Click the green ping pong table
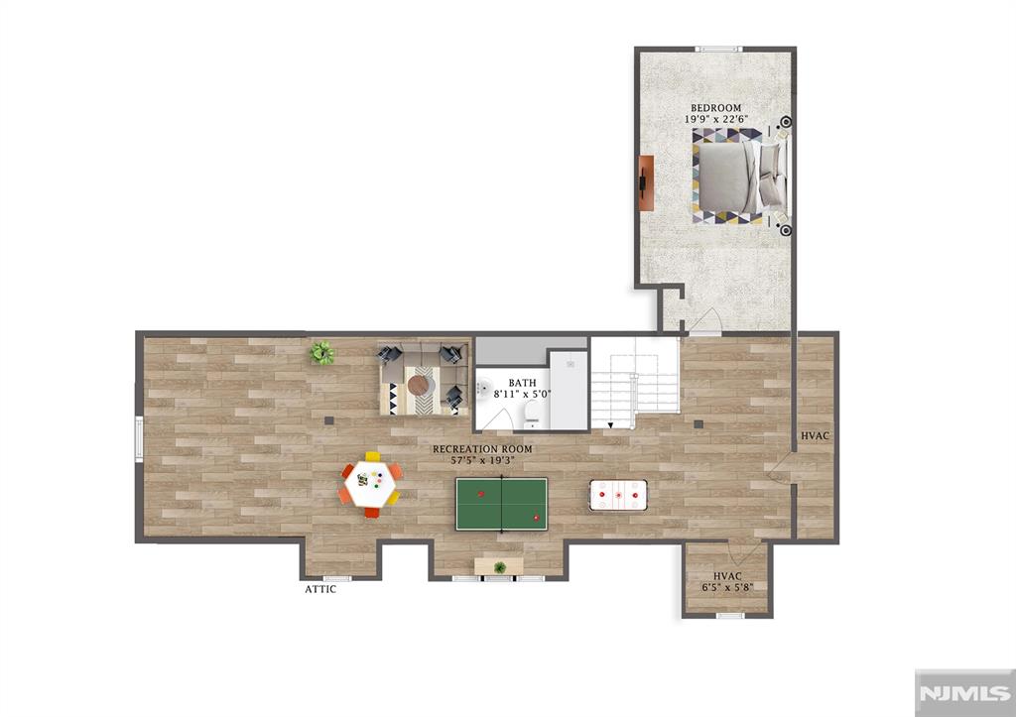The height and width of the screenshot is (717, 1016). click(x=501, y=504)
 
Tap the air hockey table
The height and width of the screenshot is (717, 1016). click(x=618, y=496)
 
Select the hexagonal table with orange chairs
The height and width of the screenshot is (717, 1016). click(x=370, y=485)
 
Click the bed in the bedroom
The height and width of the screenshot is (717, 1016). click(x=739, y=177)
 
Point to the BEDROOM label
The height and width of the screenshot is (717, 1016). click(x=715, y=108)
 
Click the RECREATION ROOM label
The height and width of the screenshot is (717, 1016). click(x=483, y=449)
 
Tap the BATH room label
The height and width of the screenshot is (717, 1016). click(x=522, y=384)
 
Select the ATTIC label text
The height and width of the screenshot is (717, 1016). click(x=320, y=589)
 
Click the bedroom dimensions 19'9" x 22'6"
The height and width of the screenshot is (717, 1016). click(x=716, y=119)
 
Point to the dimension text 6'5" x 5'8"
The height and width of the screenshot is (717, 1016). click(x=727, y=587)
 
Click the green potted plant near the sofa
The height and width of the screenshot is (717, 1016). click(x=321, y=353)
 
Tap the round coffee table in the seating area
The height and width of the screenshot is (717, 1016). click(x=419, y=386)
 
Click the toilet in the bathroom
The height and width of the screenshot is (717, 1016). click(x=532, y=415)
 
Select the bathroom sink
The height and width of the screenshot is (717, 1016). click(x=483, y=389)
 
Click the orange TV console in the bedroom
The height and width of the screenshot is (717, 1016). click(x=646, y=182)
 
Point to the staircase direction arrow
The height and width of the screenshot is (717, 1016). click(x=610, y=425)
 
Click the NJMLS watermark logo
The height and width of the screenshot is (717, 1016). click(x=964, y=693)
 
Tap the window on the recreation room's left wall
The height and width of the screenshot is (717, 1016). click(x=139, y=439)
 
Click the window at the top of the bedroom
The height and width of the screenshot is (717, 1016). click(x=718, y=50)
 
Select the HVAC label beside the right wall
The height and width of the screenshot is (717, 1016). click(x=815, y=436)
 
